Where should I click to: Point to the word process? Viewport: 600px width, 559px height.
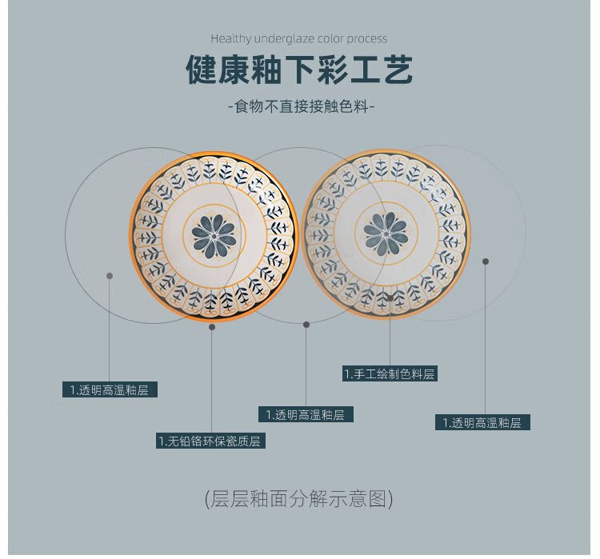pyautogui.click(x=367, y=39)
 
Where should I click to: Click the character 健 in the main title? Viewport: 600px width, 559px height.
pyautogui.click(x=202, y=70)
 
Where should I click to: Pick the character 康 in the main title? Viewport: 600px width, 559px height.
pyautogui.click(x=234, y=70)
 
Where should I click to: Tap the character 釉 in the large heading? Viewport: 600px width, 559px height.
pyautogui.click(x=266, y=70)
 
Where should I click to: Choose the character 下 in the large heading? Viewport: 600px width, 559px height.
pyautogui.click(x=299, y=70)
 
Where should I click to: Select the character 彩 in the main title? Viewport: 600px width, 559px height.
pyautogui.click(x=332, y=70)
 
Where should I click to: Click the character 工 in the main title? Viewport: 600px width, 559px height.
pyautogui.click(x=364, y=70)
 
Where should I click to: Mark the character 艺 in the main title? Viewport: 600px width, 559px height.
pyautogui.click(x=397, y=70)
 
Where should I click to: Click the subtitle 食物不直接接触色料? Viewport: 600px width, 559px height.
pyautogui.click(x=301, y=106)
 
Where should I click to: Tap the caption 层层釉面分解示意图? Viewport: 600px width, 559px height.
pyautogui.click(x=298, y=499)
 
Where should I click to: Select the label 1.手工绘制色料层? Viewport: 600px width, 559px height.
pyautogui.click(x=390, y=373)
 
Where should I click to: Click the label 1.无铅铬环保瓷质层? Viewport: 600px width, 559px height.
pyautogui.click(x=210, y=441)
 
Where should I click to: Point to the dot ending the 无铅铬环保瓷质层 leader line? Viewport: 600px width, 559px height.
pyautogui.click(x=212, y=327)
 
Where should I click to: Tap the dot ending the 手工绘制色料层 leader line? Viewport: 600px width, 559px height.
pyautogui.click(x=390, y=298)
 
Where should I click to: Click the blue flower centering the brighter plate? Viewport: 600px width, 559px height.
pyautogui.click(x=214, y=236)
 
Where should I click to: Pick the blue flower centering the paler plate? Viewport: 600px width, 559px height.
pyautogui.click(x=386, y=234)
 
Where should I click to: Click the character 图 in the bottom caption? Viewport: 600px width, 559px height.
pyautogui.click(x=378, y=499)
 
